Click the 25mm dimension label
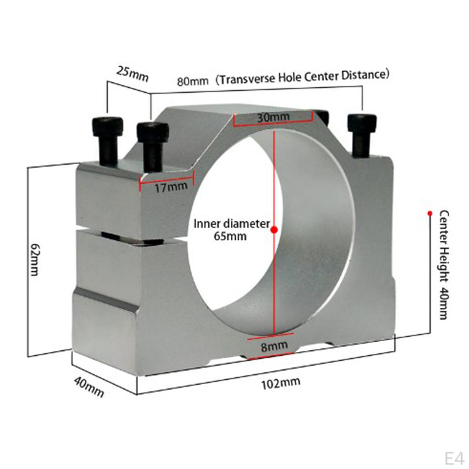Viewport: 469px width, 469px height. [132, 74]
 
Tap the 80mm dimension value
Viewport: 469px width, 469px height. [192, 82]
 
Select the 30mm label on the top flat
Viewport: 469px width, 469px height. [273, 117]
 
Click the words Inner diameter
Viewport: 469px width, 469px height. [232, 224]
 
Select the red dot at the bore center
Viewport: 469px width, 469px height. [274, 229]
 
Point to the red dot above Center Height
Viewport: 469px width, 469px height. [430, 213]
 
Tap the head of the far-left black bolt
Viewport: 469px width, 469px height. [107, 126]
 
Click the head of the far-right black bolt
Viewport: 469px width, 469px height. [361, 123]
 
